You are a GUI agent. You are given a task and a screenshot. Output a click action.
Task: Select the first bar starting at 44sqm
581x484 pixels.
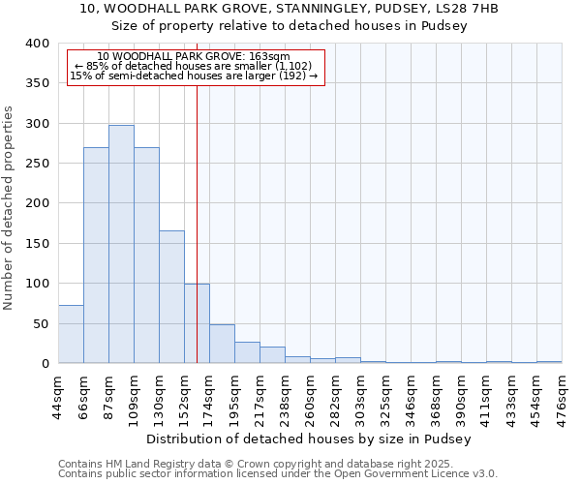[71, 334]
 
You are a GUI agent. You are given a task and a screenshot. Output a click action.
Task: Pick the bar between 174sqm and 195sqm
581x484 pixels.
[222, 344]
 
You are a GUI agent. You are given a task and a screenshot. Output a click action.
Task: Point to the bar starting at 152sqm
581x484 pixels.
[197, 323]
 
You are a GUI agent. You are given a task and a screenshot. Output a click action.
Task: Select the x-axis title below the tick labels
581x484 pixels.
[310, 439]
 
